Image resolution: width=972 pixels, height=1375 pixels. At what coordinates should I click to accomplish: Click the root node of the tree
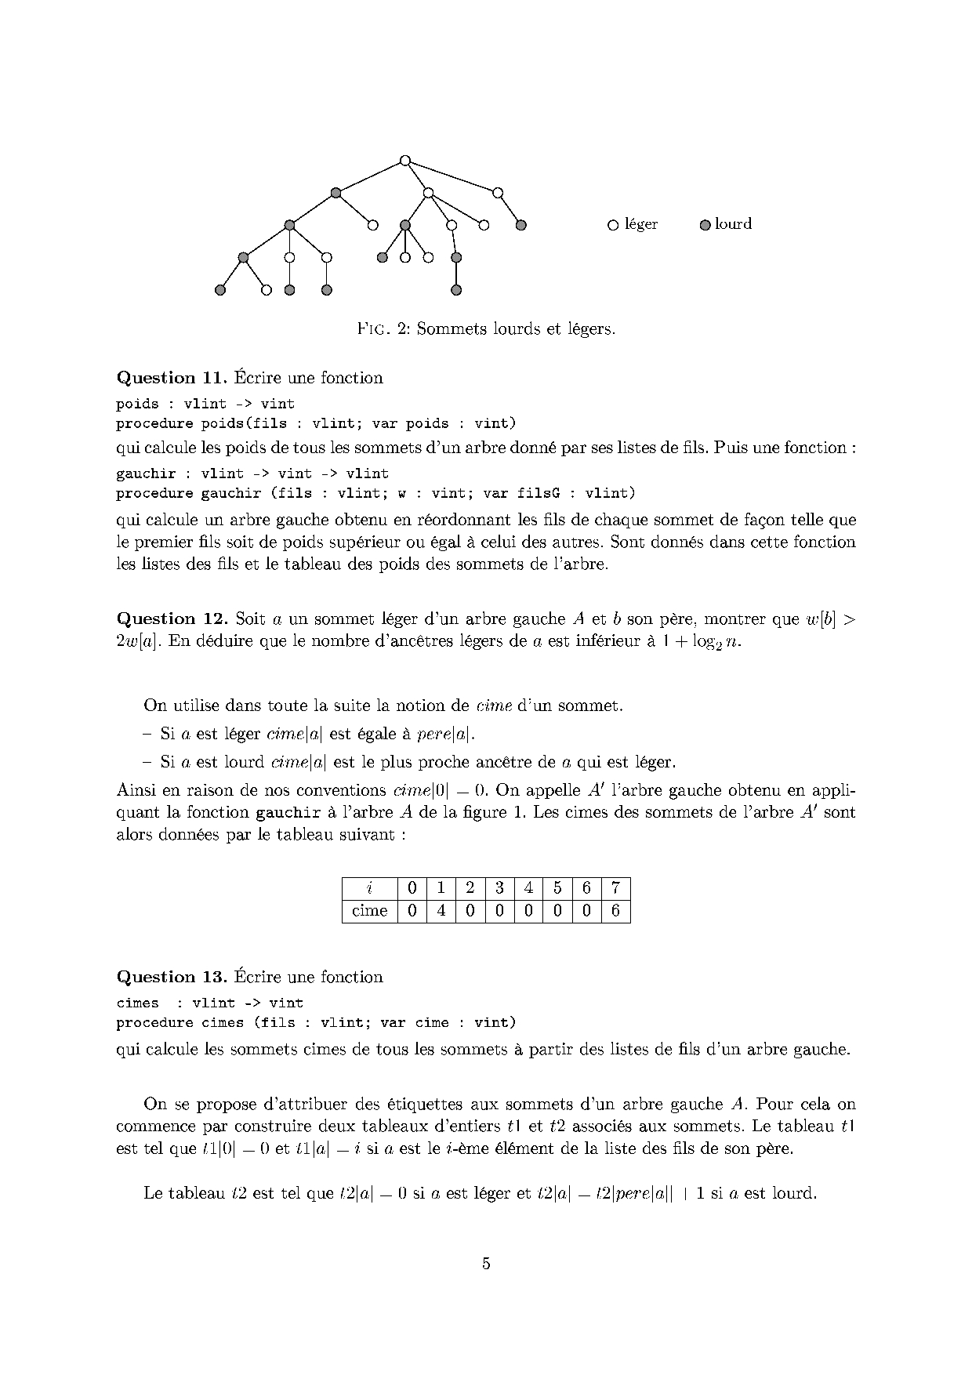pos(404,161)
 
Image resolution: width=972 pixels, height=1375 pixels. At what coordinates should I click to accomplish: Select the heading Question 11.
pos(171,378)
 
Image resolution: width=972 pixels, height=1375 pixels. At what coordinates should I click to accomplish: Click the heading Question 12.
pos(171,619)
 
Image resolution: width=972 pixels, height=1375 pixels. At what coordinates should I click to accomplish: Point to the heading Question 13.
pos(171,977)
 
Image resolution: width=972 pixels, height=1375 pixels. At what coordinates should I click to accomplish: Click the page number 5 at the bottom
pos(486,1263)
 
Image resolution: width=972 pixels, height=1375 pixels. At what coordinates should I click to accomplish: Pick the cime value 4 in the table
pos(441,911)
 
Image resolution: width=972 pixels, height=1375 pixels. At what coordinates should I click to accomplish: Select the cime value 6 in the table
pos(616,911)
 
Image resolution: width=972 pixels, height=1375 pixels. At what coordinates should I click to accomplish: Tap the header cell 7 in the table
pos(616,888)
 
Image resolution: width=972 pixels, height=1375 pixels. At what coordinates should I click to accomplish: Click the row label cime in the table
pos(370,911)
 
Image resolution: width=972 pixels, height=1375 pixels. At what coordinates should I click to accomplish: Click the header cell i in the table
pos(370,888)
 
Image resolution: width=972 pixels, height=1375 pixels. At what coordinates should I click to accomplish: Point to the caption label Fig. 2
pos(383,329)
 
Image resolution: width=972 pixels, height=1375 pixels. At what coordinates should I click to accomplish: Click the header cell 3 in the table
pos(499,888)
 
